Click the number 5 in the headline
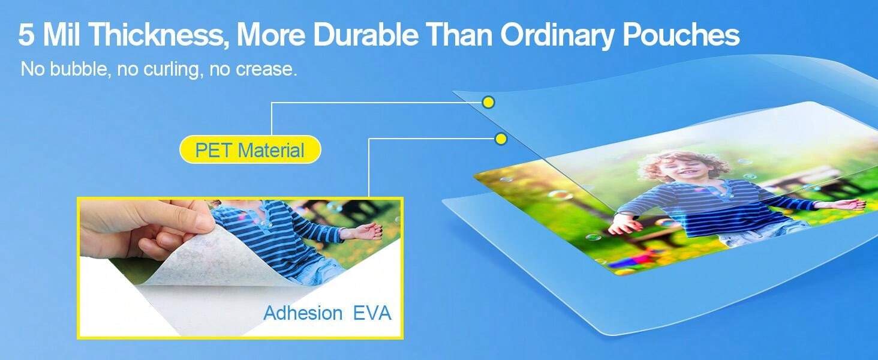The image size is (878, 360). (26, 35)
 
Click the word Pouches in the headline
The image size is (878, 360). (681, 35)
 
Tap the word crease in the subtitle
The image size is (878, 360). (266, 70)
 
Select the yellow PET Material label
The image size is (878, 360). (250, 149)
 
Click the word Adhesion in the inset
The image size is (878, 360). (303, 313)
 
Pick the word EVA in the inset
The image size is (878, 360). (372, 313)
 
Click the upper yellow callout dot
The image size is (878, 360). (488, 103)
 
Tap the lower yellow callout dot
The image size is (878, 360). (501, 139)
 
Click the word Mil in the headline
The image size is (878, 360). (61, 35)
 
